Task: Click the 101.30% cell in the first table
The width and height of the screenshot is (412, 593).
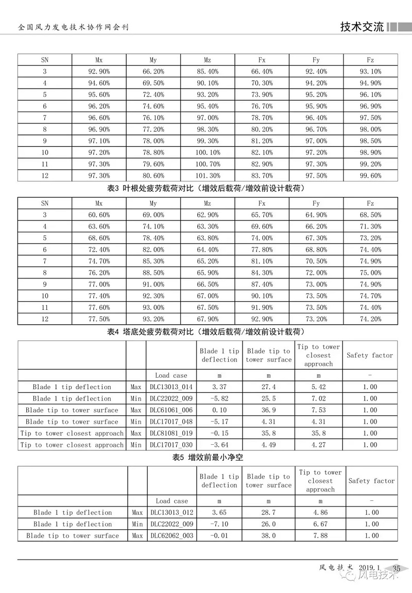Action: pos(208,176)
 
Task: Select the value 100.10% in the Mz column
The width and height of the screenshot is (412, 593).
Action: pos(208,152)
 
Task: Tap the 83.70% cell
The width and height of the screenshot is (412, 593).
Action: pos(262,176)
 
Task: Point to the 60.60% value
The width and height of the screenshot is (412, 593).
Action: pos(99,215)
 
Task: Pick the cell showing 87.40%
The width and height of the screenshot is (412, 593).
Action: pos(262,284)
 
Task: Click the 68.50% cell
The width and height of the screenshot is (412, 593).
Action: pos(371,215)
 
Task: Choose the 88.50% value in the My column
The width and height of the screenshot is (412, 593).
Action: pos(153,273)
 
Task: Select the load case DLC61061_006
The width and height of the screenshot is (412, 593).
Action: pos(171,410)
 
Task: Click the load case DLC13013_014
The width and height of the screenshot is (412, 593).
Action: pos(171,387)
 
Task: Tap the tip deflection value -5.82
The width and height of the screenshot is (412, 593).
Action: pos(219,398)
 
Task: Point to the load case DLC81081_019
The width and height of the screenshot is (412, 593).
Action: pos(171,433)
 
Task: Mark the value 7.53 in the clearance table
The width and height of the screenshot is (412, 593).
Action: pos(318,410)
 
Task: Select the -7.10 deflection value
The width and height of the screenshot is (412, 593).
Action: pos(219,524)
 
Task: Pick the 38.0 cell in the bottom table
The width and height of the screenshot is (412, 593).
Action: pos(268,536)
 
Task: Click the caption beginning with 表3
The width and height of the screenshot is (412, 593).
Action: pos(206,188)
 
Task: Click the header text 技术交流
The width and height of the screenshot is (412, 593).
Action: pos(362,27)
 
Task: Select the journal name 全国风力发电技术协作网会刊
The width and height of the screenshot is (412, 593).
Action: pos(73,27)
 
